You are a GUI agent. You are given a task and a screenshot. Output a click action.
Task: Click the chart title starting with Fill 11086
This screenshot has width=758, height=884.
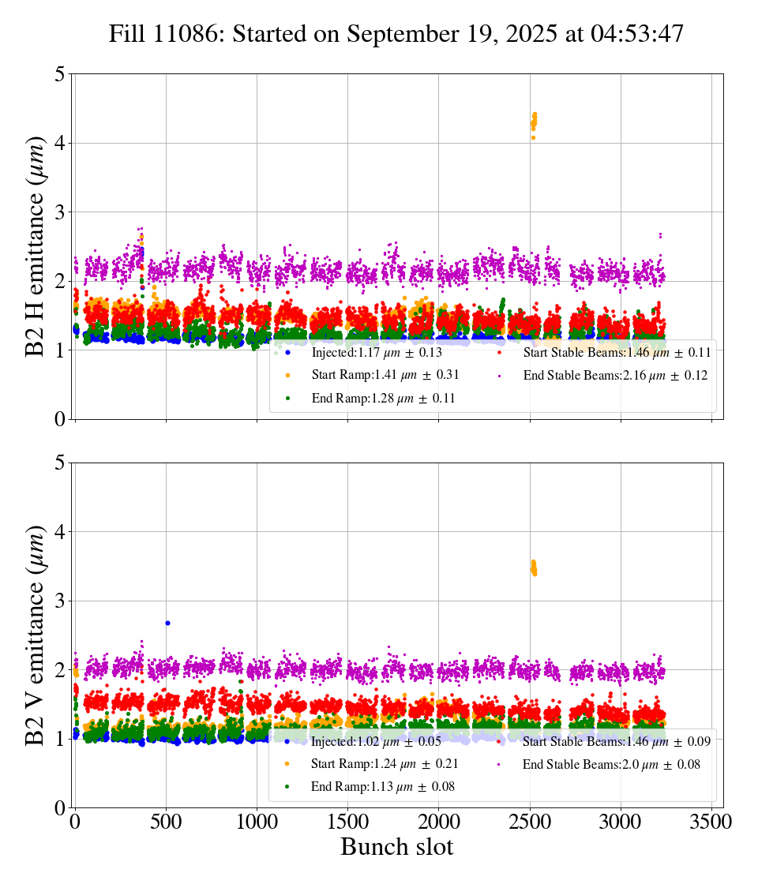[396, 34]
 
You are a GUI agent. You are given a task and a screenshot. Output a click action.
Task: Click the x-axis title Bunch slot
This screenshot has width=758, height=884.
[396, 848]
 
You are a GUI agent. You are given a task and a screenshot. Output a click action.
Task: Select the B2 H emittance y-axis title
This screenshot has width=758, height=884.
[35, 246]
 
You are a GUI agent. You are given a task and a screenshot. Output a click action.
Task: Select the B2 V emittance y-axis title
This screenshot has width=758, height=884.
[35, 635]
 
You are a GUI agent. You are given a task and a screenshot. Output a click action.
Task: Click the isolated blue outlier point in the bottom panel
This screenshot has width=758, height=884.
[167, 623]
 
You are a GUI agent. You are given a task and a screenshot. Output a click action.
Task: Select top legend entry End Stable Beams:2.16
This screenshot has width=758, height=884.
[615, 376]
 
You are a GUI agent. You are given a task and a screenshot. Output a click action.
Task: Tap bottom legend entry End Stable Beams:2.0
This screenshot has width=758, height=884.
[610, 764]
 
